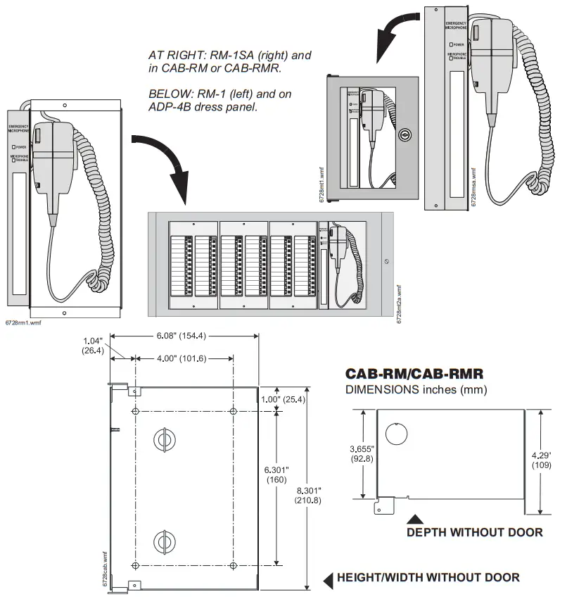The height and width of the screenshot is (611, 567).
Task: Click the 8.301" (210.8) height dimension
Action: pos(309,495)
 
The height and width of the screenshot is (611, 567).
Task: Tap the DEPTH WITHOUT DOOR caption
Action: pos(474,533)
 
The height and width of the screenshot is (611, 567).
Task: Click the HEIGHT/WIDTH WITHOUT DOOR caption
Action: pos(428,578)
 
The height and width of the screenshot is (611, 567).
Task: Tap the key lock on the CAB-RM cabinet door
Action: pos(404,134)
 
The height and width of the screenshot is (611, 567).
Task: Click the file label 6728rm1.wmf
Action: pos(21,322)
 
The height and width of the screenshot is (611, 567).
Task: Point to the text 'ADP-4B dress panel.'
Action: pos(203,108)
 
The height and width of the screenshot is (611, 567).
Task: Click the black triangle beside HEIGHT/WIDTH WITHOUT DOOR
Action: pos(327,579)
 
